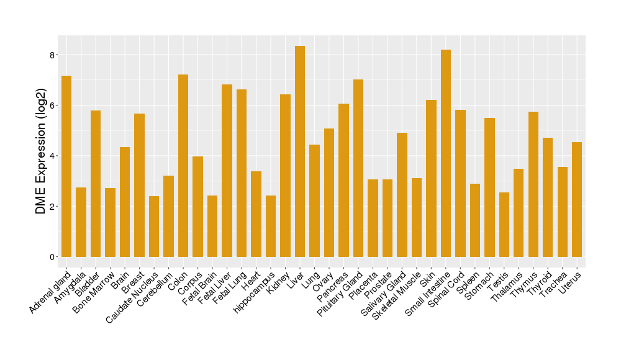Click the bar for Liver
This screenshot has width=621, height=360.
300,151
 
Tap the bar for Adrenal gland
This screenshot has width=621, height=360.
66,166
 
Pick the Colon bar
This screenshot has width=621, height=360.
183,166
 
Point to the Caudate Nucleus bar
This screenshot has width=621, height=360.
154,227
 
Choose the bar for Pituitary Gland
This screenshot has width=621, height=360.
358,168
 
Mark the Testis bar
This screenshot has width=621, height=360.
504,225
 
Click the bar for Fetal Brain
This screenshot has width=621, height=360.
212,226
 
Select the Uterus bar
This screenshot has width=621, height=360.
577,199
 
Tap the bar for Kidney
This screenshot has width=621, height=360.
285,176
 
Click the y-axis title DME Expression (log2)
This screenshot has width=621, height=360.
41,155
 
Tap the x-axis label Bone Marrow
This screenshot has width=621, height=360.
93,291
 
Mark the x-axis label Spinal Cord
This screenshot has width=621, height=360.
450,289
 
